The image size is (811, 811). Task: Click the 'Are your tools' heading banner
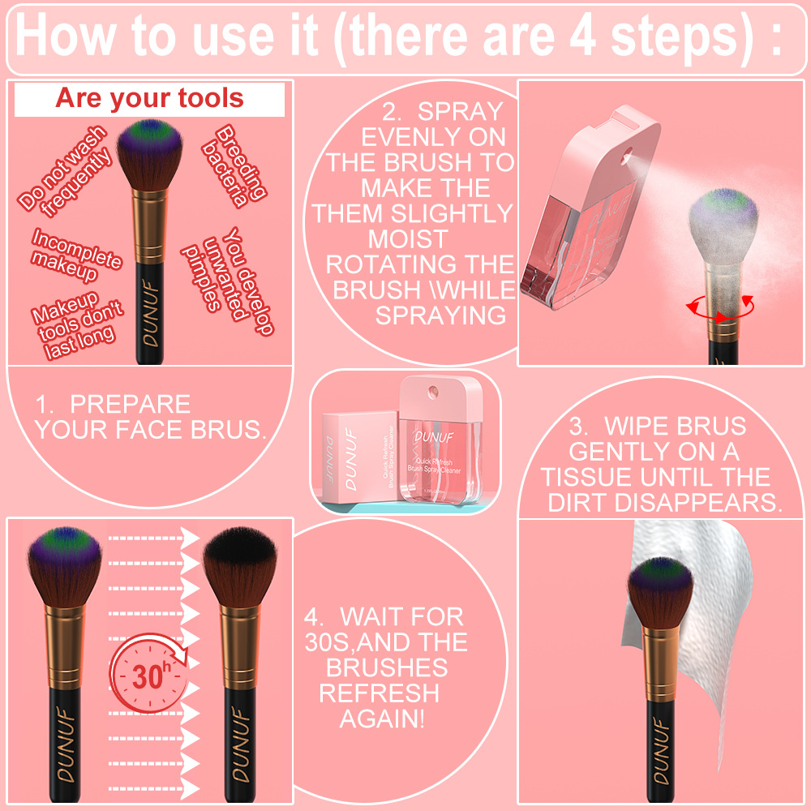[149, 99]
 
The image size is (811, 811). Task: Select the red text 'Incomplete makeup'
[76, 255]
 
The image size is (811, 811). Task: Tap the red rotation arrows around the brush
[719, 309]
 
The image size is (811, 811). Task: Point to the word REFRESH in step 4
[379, 693]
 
